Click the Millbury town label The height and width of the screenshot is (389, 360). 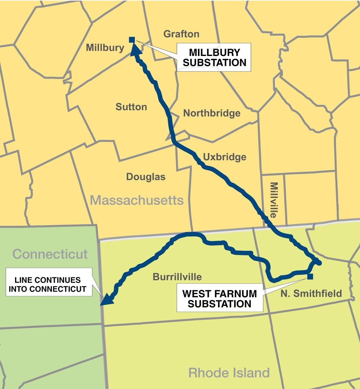click(105, 48)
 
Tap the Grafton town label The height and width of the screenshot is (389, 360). click(181, 34)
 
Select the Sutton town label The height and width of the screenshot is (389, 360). click(131, 107)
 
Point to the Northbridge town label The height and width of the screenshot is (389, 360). click(212, 113)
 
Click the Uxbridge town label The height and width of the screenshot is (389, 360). click(225, 157)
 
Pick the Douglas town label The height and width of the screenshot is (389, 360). click(146, 177)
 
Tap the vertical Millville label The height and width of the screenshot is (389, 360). click(273, 200)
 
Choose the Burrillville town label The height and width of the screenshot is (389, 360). click(177, 277)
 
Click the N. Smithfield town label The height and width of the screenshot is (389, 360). click(311, 293)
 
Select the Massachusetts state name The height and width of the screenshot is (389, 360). click(137, 201)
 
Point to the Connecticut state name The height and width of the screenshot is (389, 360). click(50, 254)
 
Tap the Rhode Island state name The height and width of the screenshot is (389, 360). click(229, 373)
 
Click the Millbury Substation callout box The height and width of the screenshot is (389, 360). click(214, 58)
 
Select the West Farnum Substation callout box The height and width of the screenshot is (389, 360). click(220, 299)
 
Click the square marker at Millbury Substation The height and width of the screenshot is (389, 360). click(132, 40)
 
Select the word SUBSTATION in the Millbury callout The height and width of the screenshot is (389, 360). click(214, 63)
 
